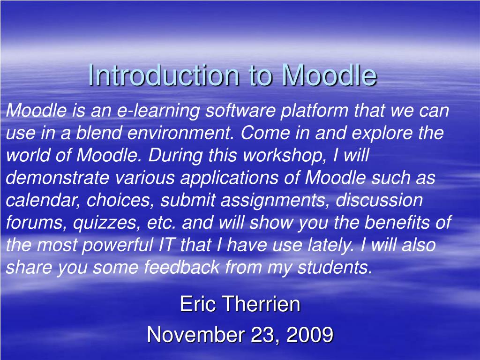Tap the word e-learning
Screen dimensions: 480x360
click(x=158, y=111)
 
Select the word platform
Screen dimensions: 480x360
click(x=314, y=111)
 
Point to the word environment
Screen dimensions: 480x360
click(x=180, y=133)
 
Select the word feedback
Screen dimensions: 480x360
click(x=182, y=267)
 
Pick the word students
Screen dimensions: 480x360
click(x=335, y=267)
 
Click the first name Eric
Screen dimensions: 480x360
click(x=198, y=304)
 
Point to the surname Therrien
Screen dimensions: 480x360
click(x=261, y=304)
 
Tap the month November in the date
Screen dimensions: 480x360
click(x=196, y=334)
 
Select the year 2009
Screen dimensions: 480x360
click(x=310, y=334)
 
